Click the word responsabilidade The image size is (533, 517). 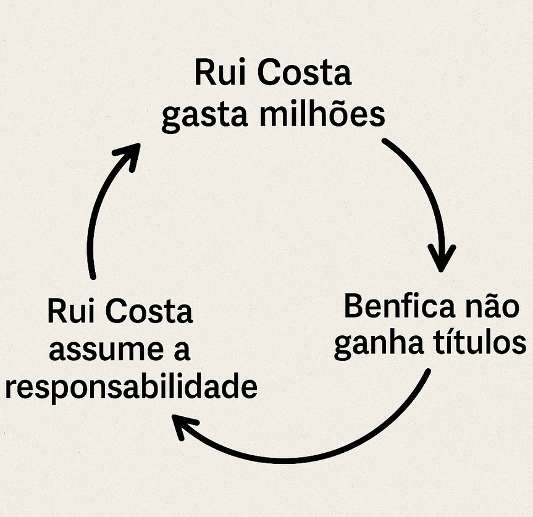coord(130,389)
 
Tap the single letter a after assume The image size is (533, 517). coord(180,351)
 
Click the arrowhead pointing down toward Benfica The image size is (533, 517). coord(441,258)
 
